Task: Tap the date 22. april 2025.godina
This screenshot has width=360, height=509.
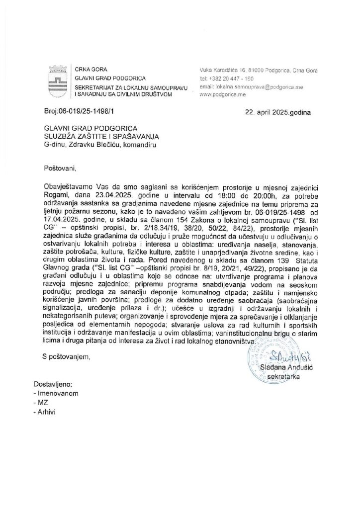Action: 278,112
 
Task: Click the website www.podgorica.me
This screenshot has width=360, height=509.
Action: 222,94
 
